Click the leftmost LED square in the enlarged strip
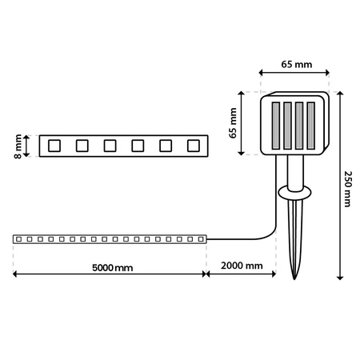[54, 146]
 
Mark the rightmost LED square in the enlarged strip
[193, 146]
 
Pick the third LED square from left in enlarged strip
[110, 146]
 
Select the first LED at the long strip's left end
[19, 238]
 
